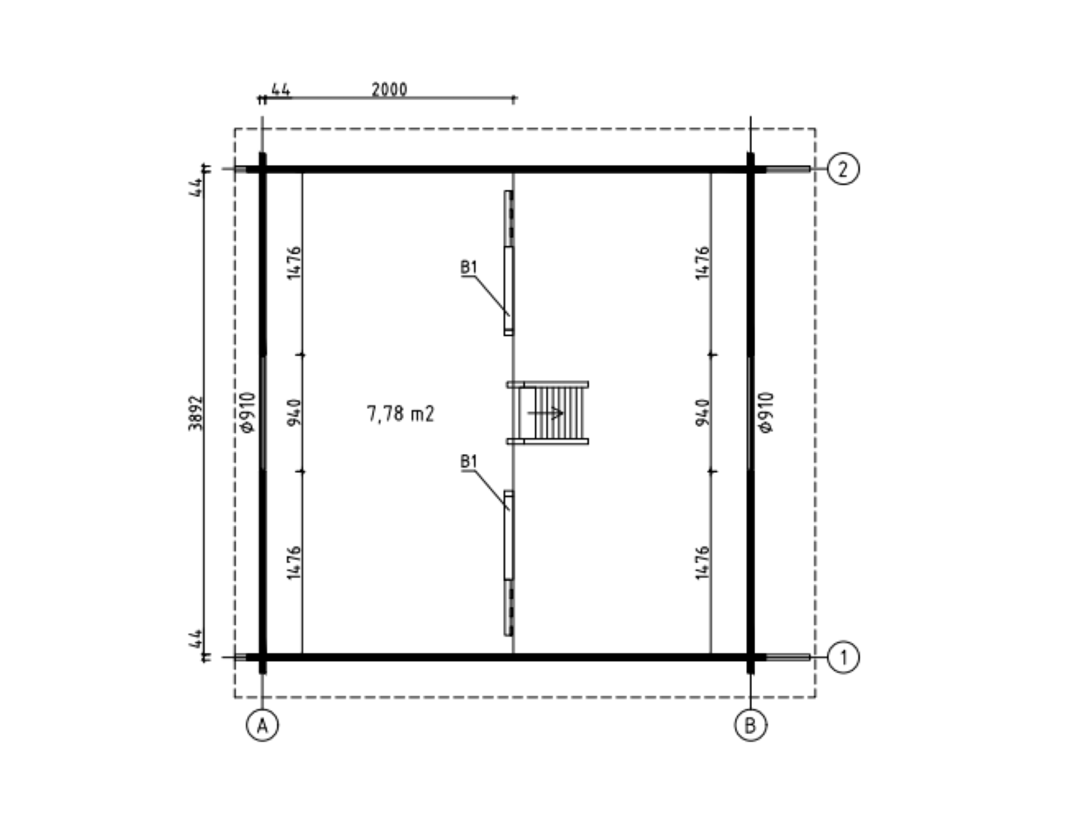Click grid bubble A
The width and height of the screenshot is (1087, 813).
262,725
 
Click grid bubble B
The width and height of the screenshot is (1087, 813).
751,725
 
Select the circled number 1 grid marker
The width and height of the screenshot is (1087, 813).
843,657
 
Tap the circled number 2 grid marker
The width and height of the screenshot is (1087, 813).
843,169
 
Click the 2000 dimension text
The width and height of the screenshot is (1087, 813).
389,90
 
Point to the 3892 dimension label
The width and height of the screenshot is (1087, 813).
196,413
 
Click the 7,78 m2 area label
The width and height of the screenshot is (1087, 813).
400,413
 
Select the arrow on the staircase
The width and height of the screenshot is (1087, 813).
545,413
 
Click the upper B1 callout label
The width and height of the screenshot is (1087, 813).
468,267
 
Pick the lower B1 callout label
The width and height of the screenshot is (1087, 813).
468,461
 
